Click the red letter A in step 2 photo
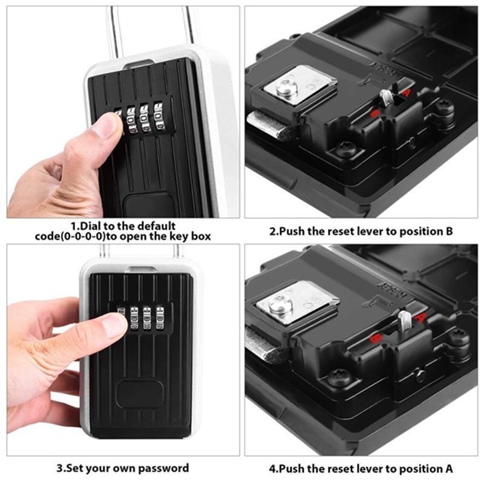click(x=407, y=92)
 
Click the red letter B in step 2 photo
click(x=374, y=113)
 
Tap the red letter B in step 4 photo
click(x=376, y=338)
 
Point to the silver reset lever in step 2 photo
click(x=386, y=97)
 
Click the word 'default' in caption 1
click(x=157, y=226)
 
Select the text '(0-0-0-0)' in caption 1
click(x=82, y=237)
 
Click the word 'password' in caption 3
click(x=163, y=468)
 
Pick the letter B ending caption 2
click(x=450, y=231)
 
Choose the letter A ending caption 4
click(x=449, y=468)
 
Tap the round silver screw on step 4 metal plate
click(x=279, y=306)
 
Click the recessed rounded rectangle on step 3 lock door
click(x=140, y=394)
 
